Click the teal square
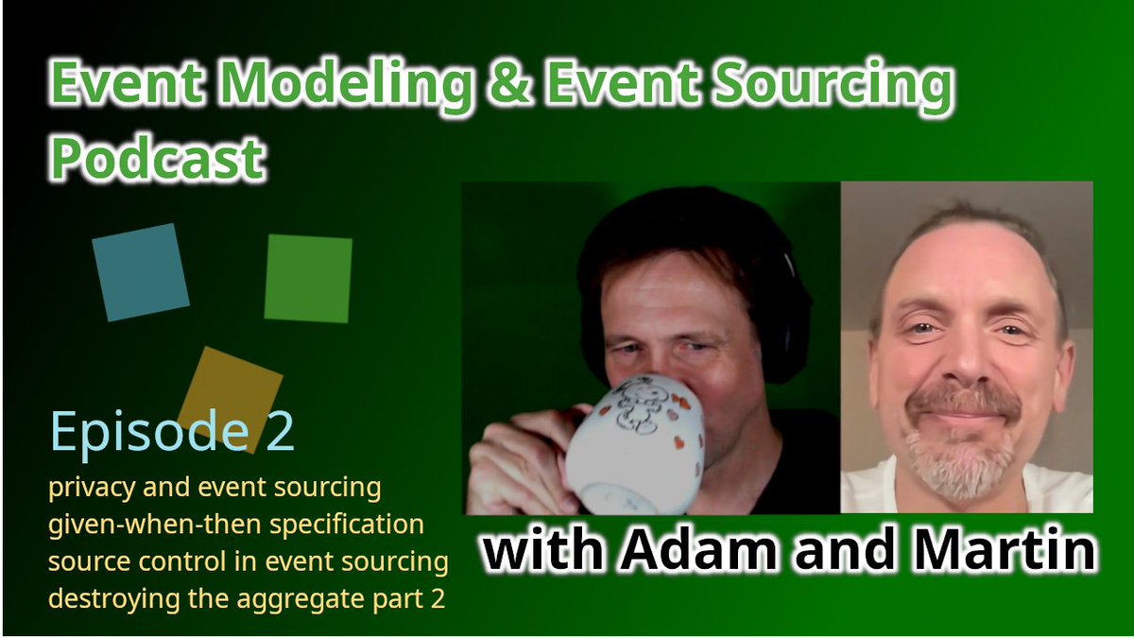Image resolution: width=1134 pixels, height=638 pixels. (140, 271)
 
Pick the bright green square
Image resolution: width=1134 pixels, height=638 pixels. (308, 279)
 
